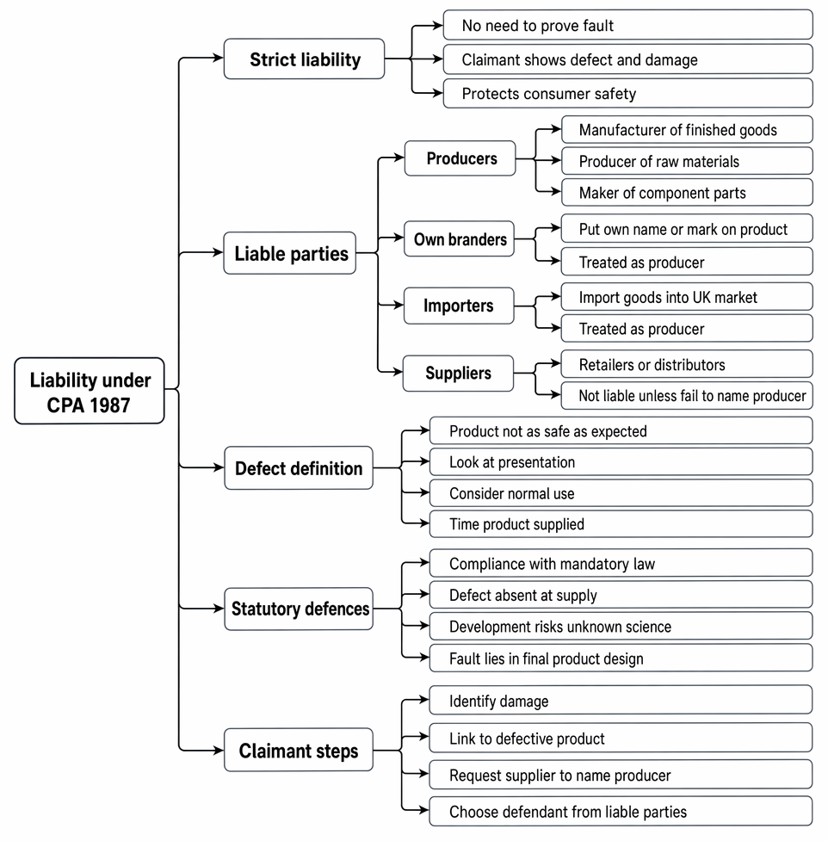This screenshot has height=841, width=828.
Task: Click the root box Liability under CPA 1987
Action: pos(90,391)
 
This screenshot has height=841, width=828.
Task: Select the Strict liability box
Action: pos(304,59)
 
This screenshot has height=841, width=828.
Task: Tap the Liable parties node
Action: pos(290,253)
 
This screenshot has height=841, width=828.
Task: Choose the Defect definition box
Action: pos(299,467)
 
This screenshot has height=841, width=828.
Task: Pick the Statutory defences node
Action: pos(299,609)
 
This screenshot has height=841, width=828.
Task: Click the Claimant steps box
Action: pos(299,750)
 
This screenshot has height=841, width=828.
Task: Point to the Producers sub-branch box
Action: pos(460,158)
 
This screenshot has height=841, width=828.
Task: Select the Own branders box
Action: pos(459,238)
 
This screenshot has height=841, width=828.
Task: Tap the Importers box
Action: pos(459,306)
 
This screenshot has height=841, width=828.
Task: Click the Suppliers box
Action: pos(459,374)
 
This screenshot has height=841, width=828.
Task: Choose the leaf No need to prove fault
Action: pos(628,25)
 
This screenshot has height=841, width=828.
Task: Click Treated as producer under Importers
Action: pos(687,328)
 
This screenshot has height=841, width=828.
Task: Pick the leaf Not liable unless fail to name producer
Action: pos(687,395)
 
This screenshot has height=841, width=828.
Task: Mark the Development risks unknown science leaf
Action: pos(621,627)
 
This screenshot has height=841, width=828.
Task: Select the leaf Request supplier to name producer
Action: pos(621,775)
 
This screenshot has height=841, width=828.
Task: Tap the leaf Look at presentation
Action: pos(621,461)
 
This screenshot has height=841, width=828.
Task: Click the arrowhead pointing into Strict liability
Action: pos(219,58)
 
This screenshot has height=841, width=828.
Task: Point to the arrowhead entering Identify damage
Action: pos(423,700)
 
